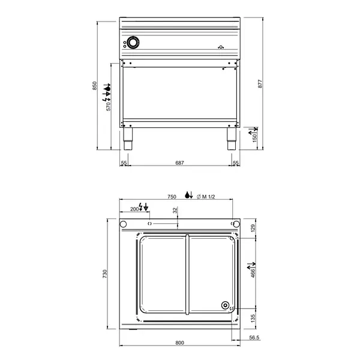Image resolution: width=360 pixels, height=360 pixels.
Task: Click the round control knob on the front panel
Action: [x=133, y=43]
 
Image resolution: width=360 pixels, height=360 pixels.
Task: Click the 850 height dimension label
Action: [x=94, y=86]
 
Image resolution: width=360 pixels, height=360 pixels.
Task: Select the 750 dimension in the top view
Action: [x=171, y=196]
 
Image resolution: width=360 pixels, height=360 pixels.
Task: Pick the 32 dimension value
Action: [x=175, y=211]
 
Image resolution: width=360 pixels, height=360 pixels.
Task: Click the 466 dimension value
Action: [x=253, y=272]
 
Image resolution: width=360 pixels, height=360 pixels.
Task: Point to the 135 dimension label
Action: [x=253, y=317]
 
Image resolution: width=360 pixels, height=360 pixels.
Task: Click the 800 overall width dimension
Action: [x=179, y=343]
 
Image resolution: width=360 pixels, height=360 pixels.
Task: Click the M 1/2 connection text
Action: [x=207, y=196]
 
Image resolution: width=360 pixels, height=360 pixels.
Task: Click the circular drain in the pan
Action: [x=226, y=305]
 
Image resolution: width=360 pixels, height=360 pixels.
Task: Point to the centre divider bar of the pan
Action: [x=188, y=275]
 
